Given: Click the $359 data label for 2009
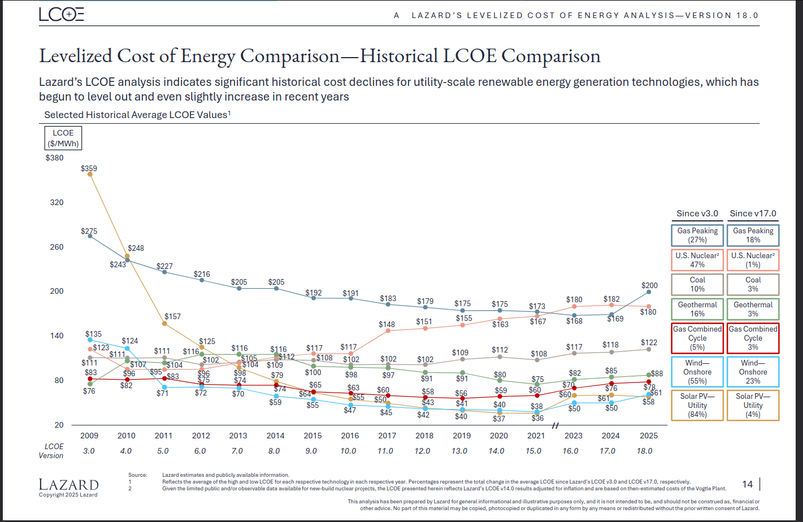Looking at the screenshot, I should tap(89, 168).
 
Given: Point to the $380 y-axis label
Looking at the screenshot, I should tap(55, 158).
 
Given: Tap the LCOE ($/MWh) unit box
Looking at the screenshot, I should tap(63, 138).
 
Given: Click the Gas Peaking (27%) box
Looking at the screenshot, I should tap(697, 235).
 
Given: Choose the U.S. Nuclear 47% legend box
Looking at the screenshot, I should tap(697, 260).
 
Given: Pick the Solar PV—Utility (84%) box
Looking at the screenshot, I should tap(697, 406).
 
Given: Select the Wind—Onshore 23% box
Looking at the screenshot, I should tap(753, 372).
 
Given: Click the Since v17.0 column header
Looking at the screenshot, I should tap(753, 214).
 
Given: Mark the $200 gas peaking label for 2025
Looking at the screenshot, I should tap(649, 285).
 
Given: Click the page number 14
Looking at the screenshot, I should tap(747, 484).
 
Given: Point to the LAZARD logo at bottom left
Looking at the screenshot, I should tap(68, 485).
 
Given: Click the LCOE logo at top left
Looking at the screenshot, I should tap(62, 15).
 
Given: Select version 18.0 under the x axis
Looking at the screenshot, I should tap(644, 451).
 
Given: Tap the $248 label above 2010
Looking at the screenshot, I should tap(136, 248).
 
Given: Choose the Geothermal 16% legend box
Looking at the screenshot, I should tap(697, 309).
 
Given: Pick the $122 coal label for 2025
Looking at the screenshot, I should tap(649, 342).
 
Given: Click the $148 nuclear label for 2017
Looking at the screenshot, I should tap(387, 324).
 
